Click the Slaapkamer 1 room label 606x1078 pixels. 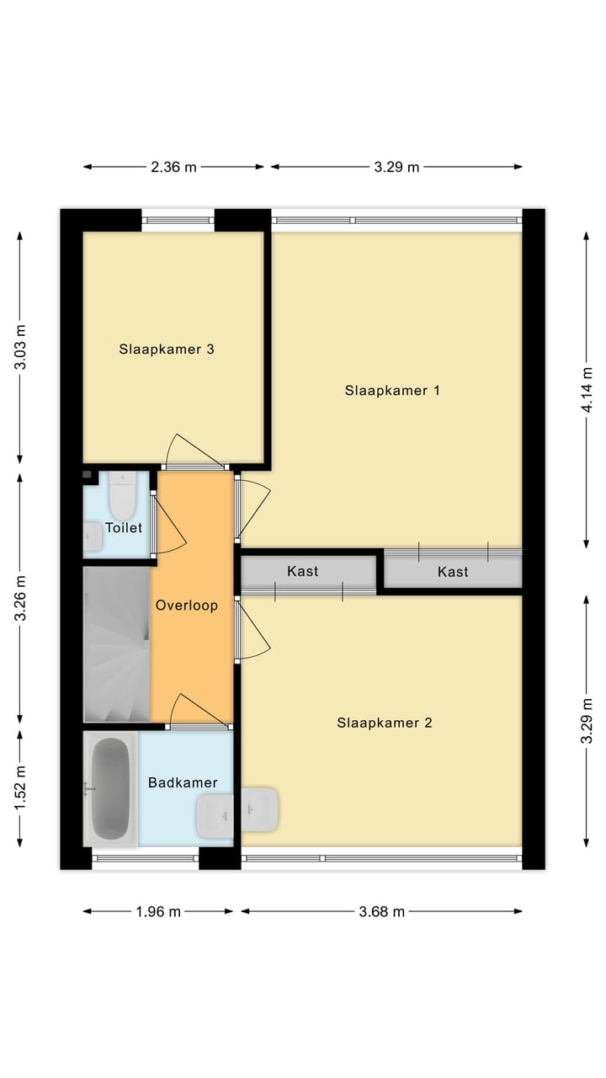click(x=392, y=390)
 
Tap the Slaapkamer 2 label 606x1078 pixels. click(x=385, y=723)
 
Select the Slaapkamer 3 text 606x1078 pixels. click(x=167, y=349)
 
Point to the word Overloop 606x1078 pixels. click(x=187, y=605)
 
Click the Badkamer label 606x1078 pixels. click(x=183, y=782)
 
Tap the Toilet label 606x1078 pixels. click(x=124, y=527)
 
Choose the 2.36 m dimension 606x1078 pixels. click(x=173, y=167)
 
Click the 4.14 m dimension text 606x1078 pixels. click(x=587, y=389)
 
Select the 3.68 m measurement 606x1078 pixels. click(x=382, y=911)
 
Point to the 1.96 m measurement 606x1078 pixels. click(x=158, y=911)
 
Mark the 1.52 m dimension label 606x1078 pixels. click(x=20, y=787)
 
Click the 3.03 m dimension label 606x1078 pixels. click(x=20, y=346)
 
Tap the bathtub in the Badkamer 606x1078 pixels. click(x=110, y=789)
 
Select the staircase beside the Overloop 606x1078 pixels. click(x=117, y=644)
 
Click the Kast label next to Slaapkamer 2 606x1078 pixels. click(x=302, y=571)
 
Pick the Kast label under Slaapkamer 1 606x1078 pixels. click(x=453, y=572)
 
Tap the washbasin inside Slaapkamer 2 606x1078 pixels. click(x=260, y=809)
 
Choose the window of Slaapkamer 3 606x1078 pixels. click(x=178, y=221)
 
